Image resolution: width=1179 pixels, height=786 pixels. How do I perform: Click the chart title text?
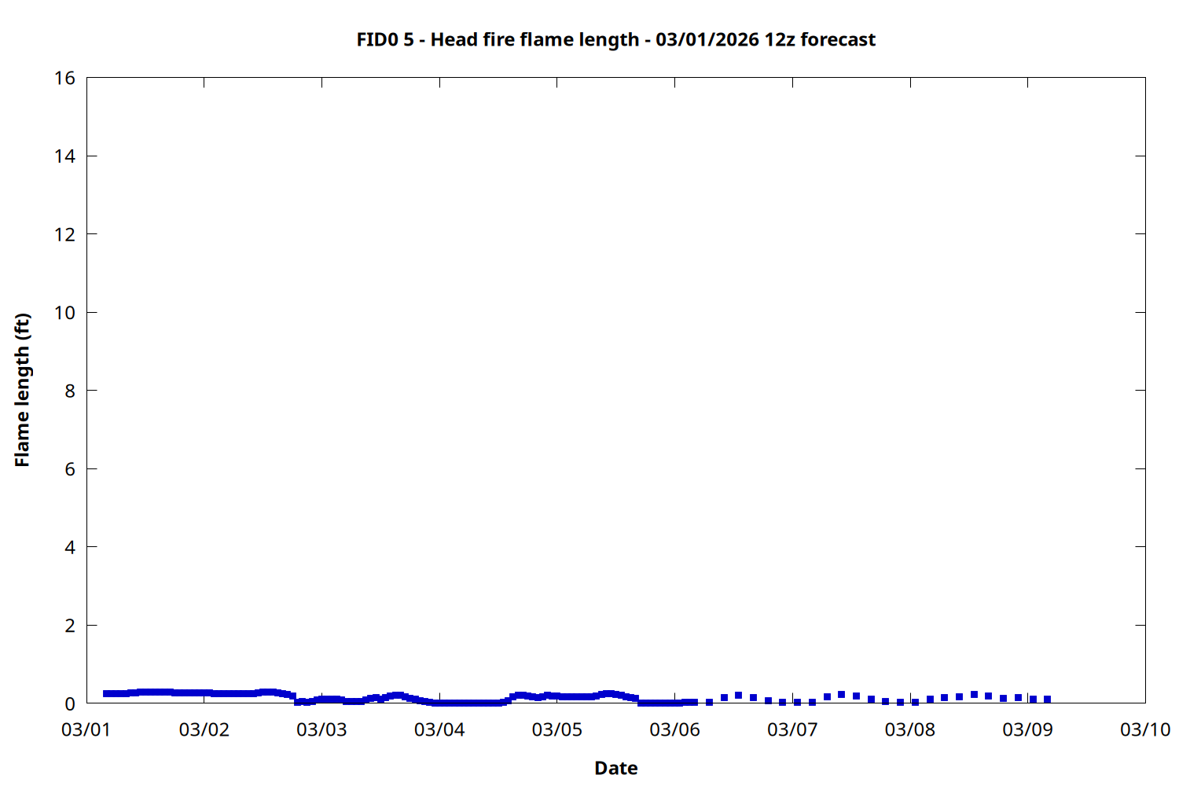(x=615, y=39)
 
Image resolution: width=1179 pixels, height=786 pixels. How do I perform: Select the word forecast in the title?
(x=837, y=39)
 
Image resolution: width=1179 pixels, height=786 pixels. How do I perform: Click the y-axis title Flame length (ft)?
(x=22, y=390)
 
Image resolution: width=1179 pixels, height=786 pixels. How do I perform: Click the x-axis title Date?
(x=615, y=768)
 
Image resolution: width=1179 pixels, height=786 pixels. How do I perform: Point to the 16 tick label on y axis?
(x=65, y=78)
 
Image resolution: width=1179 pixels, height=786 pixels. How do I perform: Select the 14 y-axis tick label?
(x=65, y=156)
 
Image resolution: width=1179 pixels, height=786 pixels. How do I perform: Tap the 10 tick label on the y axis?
(x=65, y=312)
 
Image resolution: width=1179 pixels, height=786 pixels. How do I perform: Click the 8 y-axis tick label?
(x=70, y=391)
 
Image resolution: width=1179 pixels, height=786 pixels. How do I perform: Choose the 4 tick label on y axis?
(x=70, y=547)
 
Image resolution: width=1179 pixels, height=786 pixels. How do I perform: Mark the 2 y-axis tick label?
(x=70, y=626)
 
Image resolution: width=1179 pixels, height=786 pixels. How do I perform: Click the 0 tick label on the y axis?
(x=70, y=703)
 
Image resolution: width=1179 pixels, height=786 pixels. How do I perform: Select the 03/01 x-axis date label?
(x=86, y=729)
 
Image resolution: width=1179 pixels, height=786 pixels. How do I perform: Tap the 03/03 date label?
(x=321, y=729)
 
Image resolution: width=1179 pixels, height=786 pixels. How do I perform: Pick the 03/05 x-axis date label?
(x=557, y=729)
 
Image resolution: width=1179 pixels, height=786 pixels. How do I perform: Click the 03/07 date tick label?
(x=792, y=729)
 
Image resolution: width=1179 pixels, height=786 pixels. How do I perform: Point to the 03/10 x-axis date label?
(x=1145, y=729)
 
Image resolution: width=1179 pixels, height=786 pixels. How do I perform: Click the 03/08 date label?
(x=910, y=729)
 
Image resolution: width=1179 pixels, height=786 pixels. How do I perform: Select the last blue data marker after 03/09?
(x=1047, y=699)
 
